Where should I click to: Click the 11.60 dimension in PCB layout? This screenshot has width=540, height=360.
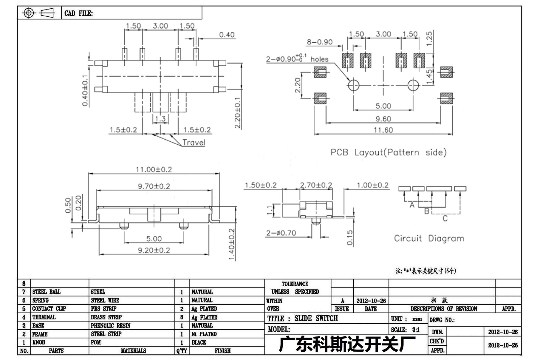point(383,130)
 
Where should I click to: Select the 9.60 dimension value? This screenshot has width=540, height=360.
point(383,119)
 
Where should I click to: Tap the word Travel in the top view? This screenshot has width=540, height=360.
point(194,143)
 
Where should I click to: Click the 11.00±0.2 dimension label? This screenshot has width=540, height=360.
point(154,169)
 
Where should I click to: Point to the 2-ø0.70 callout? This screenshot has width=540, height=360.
point(281,233)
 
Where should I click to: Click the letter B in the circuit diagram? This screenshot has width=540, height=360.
point(427,211)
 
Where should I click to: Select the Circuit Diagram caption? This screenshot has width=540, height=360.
point(429,238)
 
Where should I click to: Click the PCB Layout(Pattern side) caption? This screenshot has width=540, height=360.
point(389,152)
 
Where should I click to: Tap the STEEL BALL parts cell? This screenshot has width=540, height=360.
point(46,292)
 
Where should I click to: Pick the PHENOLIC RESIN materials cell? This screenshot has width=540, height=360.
point(111,326)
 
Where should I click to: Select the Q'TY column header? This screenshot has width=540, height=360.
point(182,351)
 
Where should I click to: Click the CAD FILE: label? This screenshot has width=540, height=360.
point(78,13)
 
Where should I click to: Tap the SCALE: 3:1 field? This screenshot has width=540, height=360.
point(405,330)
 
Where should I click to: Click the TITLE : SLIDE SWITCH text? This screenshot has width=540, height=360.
point(302,319)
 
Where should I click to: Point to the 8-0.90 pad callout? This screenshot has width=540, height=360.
point(320,42)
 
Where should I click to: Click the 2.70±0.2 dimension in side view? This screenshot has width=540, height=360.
point(316,185)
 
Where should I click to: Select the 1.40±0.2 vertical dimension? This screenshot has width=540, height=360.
point(232,244)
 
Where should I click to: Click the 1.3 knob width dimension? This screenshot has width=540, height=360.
point(160,119)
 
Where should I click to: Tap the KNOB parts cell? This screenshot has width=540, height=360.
point(39,342)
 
